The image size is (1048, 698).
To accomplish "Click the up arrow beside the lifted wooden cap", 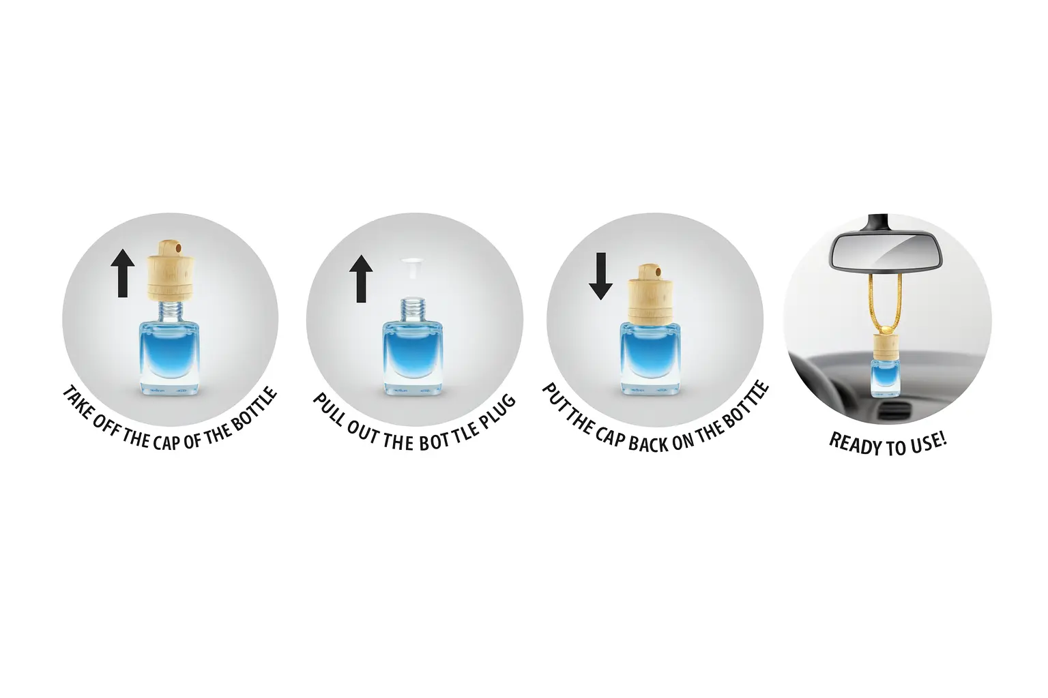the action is click(123, 273).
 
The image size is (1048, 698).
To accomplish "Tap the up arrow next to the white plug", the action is click(361, 279).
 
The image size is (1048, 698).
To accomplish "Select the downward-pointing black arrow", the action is click(600, 276).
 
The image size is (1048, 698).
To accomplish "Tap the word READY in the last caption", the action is click(849, 444).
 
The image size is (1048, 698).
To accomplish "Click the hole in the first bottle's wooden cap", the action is click(177, 246).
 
